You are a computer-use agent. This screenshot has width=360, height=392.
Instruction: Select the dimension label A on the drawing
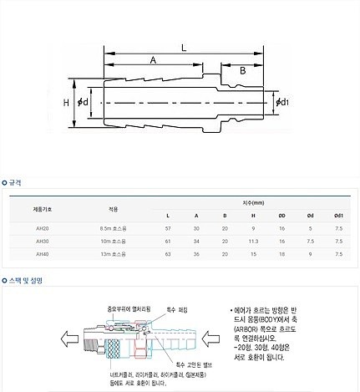(x=152, y=61)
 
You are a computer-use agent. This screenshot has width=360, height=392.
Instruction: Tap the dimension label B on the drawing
(x=243, y=71)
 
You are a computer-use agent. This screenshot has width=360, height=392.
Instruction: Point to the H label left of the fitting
(x=65, y=102)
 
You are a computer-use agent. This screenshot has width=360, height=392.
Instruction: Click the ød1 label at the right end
(x=282, y=102)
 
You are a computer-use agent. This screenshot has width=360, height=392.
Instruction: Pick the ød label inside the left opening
(x=84, y=102)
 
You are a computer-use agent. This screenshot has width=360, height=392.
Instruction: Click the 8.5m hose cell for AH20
(x=113, y=228)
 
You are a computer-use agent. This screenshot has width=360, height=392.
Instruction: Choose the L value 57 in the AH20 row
(x=168, y=228)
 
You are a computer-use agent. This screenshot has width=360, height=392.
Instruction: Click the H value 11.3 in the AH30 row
(x=253, y=241)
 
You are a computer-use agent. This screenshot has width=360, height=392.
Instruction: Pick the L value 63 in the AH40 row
(x=168, y=253)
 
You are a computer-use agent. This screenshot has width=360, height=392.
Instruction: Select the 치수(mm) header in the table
(x=252, y=202)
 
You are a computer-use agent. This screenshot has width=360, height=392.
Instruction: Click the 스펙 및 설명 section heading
(x=26, y=281)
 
